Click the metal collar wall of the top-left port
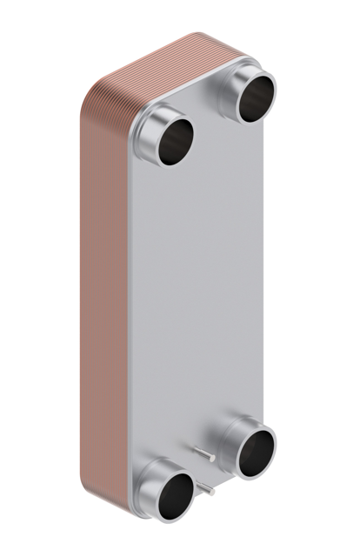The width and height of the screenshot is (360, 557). pyautogui.click(x=153, y=122)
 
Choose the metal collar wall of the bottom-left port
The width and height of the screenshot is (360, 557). pyautogui.click(x=153, y=480)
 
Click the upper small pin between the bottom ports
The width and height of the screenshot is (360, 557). pyautogui.click(x=206, y=453)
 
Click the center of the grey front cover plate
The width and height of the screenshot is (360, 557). pyautogui.click(x=209, y=287)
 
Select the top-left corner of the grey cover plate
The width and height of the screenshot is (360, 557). pyautogui.click(x=134, y=131)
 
